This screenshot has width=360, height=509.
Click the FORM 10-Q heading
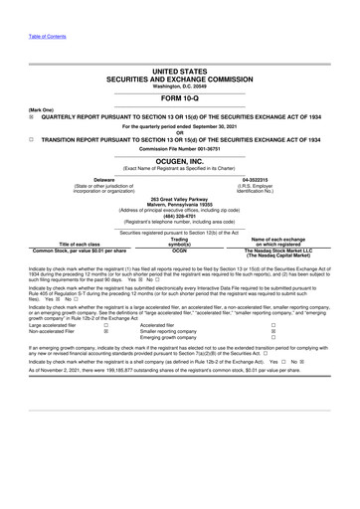tap(180, 99)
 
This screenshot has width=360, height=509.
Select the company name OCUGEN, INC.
tap(180, 160)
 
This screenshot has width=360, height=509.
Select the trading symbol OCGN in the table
tap(179, 251)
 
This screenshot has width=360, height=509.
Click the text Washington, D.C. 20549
tap(180, 86)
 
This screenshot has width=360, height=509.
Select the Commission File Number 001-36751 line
tap(180, 149)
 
